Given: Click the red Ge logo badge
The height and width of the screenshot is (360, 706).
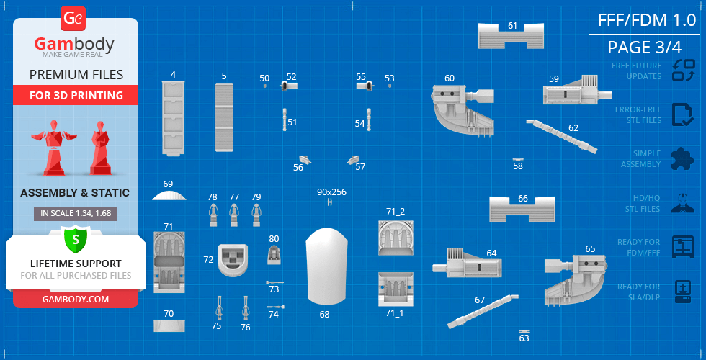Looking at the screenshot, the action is coord(73,19).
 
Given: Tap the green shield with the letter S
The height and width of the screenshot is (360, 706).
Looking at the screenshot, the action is coord(75,239).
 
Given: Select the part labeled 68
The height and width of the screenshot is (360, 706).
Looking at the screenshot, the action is coord(327,266).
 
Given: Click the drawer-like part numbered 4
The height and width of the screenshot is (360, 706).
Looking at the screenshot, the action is coord(173,118).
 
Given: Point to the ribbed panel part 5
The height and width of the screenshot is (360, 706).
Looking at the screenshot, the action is coord(224,117).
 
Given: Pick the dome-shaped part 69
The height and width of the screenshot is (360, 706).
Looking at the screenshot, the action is coord(169,194).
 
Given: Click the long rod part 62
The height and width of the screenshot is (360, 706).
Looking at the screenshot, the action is coord(562,136).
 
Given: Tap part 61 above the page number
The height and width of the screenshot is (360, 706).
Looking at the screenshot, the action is coord(511,35).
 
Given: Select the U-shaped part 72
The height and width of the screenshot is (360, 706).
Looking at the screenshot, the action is coord(232,260).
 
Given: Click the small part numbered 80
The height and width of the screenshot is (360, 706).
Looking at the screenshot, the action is coord(274,255).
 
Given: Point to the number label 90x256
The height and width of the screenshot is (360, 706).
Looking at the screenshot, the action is coord(331,192).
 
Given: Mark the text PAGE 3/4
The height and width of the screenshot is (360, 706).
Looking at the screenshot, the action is coord(644,48).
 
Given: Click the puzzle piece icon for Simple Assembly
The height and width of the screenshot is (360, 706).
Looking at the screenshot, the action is coord(683,159).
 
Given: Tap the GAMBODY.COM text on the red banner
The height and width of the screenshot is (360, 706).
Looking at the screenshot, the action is coord(76,299).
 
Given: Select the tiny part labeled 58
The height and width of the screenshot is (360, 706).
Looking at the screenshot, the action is coord(518,159).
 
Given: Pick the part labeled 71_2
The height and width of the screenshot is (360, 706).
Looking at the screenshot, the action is coord(396,238).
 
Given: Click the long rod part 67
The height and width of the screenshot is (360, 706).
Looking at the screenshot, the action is coord(483,311).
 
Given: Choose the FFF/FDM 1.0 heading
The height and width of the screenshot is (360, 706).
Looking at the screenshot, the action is coord(647,20).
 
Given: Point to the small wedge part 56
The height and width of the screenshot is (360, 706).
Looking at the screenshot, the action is coord(305,159).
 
